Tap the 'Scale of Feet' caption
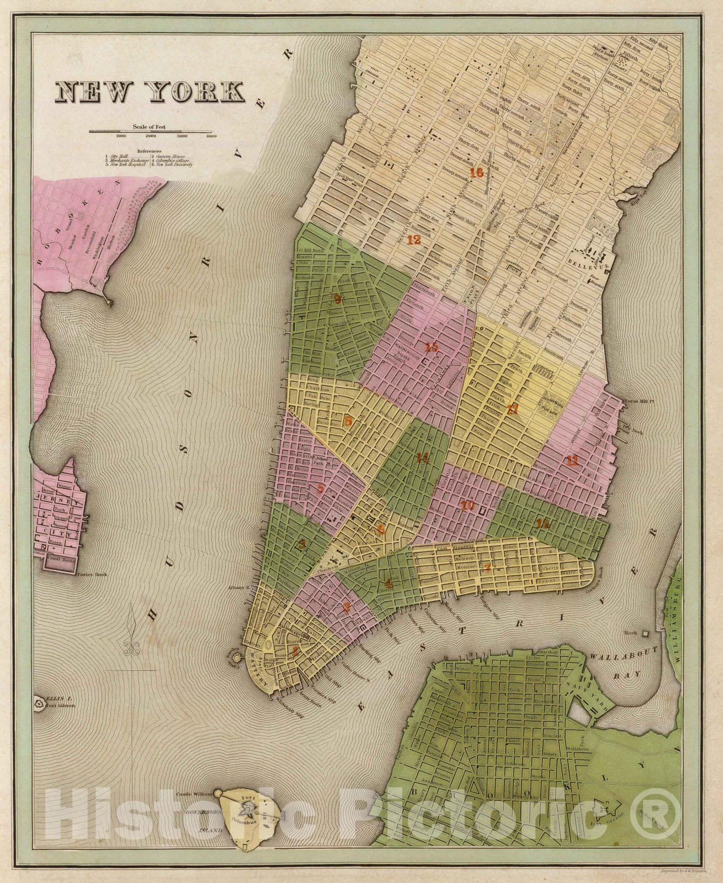click(x=152, y=126)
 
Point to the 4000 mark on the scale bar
click(x=210, y=136)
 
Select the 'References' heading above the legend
click(x=150, y=151)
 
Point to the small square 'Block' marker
click(x=645, y=632)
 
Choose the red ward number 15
click(x=432, y=347)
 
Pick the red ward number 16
click(x=477, y=173)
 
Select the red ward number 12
click(x=414, y=240)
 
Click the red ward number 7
click(x=487, y=567)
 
